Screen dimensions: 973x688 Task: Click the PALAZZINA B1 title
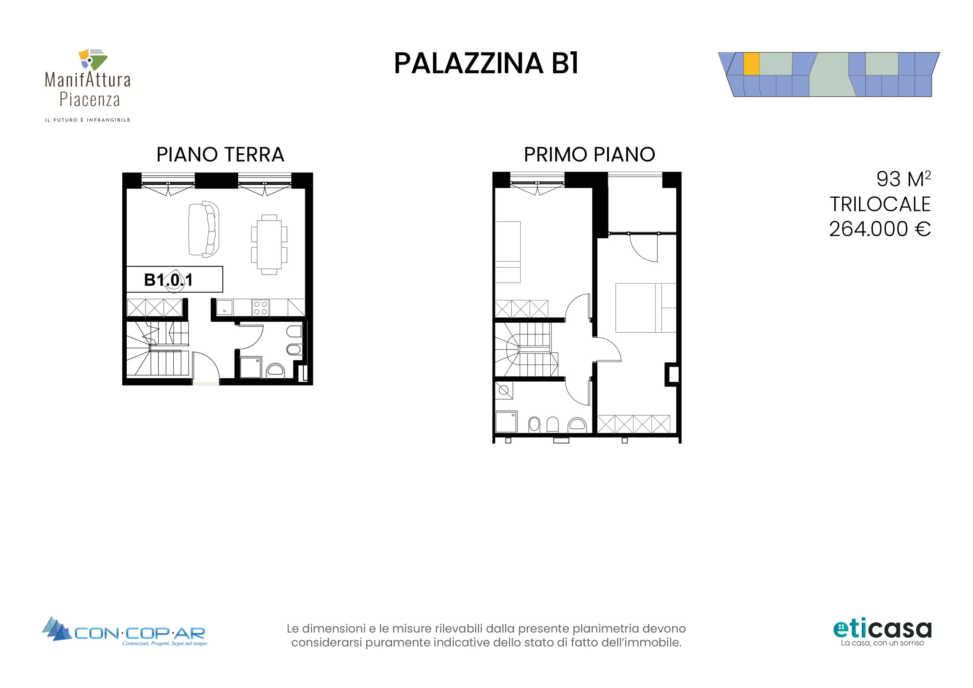[486, 63]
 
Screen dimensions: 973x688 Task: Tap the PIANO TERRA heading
[220, 154]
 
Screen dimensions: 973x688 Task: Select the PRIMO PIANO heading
[590, 154]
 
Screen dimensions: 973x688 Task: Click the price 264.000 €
[880, 229]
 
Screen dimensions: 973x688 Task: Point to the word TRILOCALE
[880, 204]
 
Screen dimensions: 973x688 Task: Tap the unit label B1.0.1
[168, 280]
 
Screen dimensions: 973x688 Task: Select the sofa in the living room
[204, 229]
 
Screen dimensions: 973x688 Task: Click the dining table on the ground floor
[269, 244]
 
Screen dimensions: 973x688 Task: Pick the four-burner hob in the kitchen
[261, 308]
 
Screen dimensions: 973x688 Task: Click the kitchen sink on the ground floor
[224, 308]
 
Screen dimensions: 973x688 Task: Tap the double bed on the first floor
[646, 308]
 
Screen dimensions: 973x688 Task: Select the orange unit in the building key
[751, 63]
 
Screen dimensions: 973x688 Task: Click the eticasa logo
[882, 632]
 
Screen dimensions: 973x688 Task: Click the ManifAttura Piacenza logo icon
[93, 59]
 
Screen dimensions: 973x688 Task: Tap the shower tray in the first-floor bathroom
[506, 422]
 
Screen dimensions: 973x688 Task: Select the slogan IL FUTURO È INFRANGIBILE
[88, 120]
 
